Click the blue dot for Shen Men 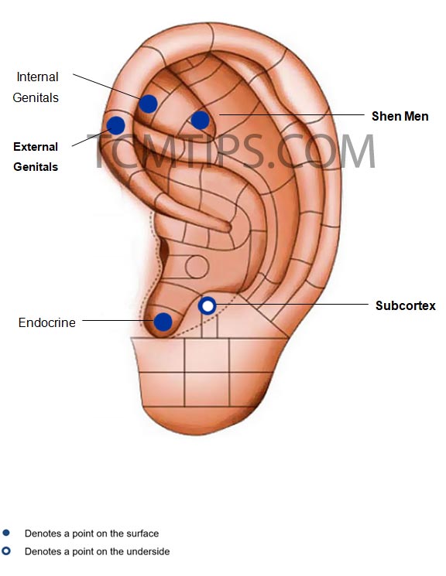[x=201, y=120]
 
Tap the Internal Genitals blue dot [x=149, y=104]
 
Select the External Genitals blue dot [x=115, y=125]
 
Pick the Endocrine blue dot [x=163, y=322]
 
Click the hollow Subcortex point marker [x=208, y=305]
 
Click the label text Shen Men [x=400, y=117]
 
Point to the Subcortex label [x=406, y=305]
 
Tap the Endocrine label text [x=46, y=322]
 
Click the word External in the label [x=36, y=147]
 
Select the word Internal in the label [x=37, y=77]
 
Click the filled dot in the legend [x=6, y=532]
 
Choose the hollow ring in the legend [x=6, y=550]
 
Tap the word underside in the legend [x=148, y=551]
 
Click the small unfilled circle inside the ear [x=197, y=267]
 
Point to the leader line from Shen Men [x=292, y=114]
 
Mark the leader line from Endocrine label [x=118, y=320]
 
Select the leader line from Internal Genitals [x=106, y=87]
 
